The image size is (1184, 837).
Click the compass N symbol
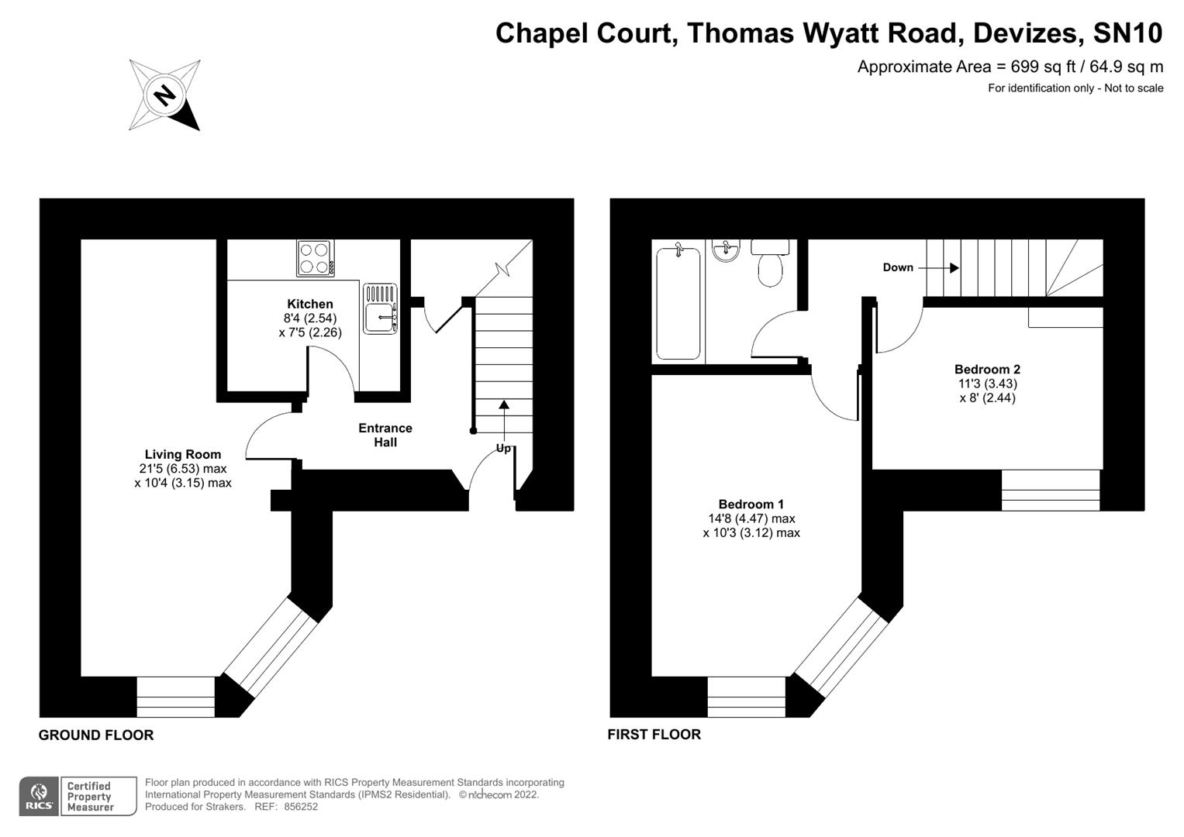coord(164,95)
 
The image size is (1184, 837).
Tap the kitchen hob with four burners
coord(315,258)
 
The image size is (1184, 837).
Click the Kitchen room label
coord(309,304)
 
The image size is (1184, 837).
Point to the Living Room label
coord(182,454)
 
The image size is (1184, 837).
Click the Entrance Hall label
coord(385,435)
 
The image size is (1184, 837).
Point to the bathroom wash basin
coord(727,250)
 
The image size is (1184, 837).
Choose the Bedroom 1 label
coord(751,504)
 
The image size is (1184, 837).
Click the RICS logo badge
coord(38,797)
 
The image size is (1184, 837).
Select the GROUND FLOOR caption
coord(96,735)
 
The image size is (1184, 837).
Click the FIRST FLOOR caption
coord(654,734)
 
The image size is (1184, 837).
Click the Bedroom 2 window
coord(1050,490)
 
